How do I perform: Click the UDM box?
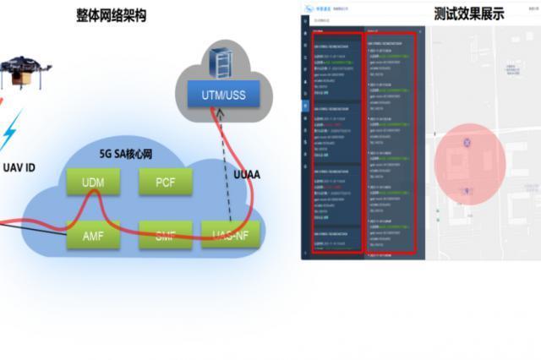pyautogui.click(x=93, y=182)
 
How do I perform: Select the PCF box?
pyautogui.click(x=165, y=182)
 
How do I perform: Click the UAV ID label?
pyautogui.click(x=18, y=168)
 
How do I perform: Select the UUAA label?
pyautogui.click(x=248, y=174)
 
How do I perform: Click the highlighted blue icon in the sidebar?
pyautogui.click(x=306, y=106)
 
